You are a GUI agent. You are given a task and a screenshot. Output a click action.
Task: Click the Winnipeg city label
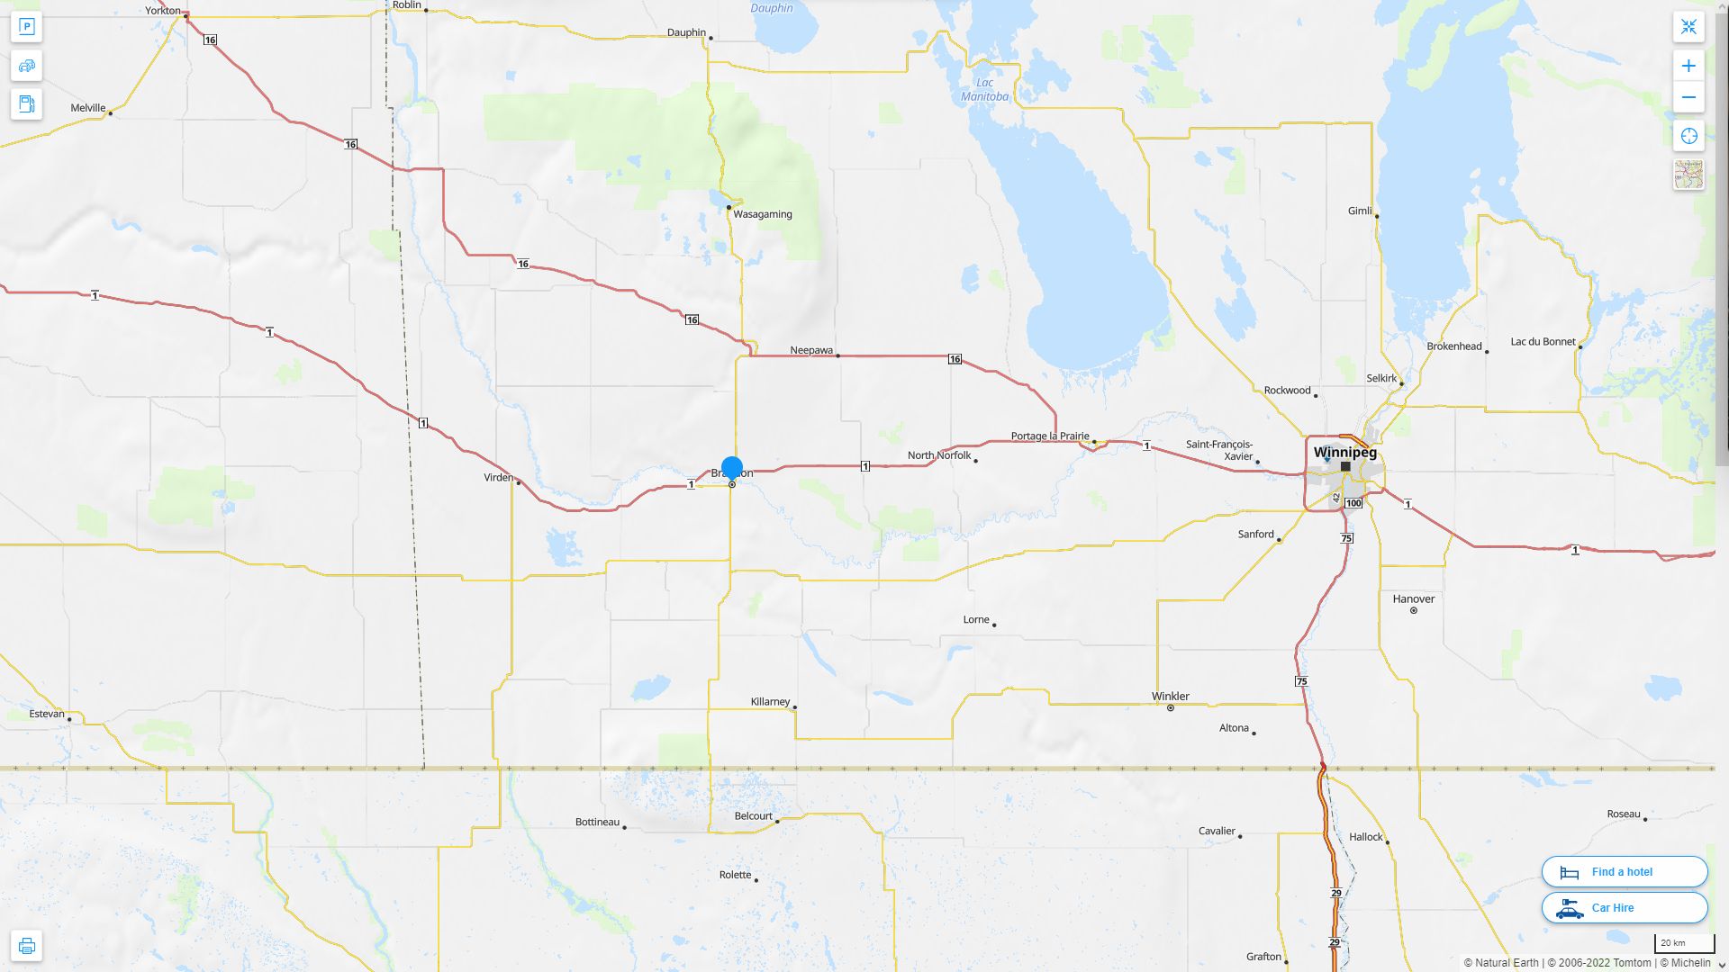pos(1344,452)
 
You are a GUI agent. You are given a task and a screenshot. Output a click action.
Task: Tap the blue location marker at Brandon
pos(732,468)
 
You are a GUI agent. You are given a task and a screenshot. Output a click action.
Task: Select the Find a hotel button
pos(1625,871)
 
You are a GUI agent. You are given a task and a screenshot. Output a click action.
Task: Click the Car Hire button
pos(1625,907)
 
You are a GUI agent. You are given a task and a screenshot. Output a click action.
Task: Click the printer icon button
pos(27,946)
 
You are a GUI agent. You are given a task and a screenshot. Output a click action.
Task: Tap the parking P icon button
pos(27,27)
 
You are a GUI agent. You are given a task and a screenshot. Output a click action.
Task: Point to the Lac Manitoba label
pos(984,89)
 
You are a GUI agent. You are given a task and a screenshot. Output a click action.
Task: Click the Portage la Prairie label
pos(1049,436)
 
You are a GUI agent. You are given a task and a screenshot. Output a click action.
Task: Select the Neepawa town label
pos(810,350)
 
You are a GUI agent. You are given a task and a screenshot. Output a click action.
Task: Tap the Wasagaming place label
pos(762,214)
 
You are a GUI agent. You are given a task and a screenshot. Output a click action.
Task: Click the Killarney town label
pos(770,701)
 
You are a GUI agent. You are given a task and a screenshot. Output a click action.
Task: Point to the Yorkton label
pos(163,11)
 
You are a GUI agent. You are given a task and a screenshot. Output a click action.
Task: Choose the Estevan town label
pos(47,714)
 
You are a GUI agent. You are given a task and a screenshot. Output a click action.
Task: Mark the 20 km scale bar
pos(1684,944)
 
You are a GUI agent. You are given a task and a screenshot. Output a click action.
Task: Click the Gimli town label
pos(1360,211)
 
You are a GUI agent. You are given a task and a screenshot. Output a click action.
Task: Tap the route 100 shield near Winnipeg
pos(1353,503)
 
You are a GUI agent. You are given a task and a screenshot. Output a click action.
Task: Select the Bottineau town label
pos(597,822)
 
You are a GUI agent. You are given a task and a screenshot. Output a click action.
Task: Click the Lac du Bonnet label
pos(1543,342)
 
